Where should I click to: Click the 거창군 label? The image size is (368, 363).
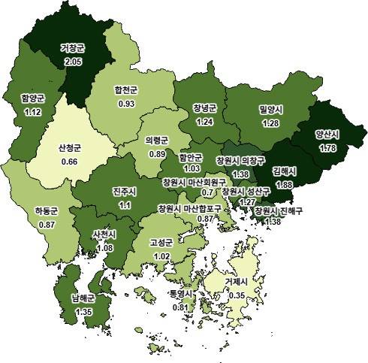click(x=74, y=49)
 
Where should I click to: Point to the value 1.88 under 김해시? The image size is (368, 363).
click(x=285, y=183)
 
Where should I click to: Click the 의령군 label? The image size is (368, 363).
click(x=155, y=141)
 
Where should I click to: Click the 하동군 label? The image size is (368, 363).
click(x=47, y=212)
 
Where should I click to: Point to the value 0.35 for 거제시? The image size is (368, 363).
click(x=238, y=295)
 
